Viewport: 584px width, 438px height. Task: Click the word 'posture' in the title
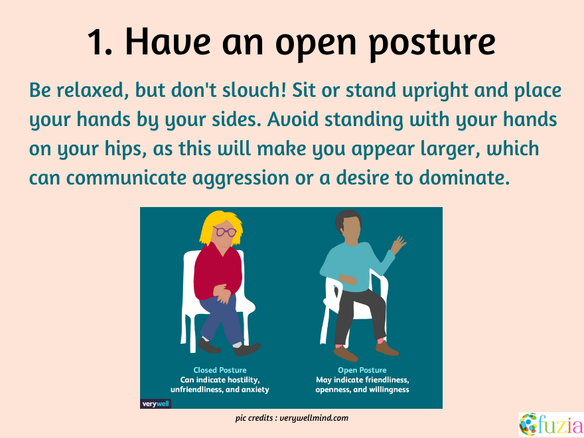pos(432,42)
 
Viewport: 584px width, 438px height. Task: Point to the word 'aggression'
pos(241,179)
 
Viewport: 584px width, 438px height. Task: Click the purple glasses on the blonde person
pos(224,232)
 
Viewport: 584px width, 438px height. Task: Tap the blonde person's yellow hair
pos(220,227)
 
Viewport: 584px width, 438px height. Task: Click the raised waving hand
pos(398,245)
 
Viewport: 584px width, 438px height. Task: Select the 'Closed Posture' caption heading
pos(220,370)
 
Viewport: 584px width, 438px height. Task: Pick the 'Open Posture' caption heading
pos(362,370)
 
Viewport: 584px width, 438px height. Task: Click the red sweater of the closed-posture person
pos(218,270)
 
